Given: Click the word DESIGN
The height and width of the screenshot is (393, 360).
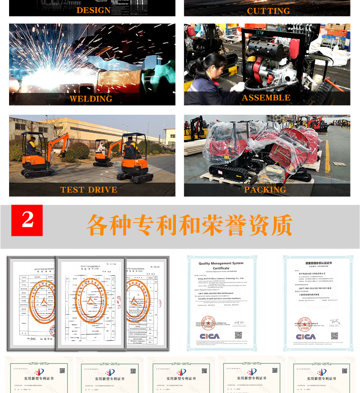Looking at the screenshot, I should (x=93, y=10).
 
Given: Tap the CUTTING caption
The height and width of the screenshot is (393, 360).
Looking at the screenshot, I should (x=268, y=10).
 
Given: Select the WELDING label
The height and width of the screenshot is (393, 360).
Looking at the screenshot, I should (x=91, y=98).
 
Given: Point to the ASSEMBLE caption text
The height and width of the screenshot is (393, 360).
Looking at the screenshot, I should (x=266, y=98).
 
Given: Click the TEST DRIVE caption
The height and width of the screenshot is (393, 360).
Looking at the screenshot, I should (x=89, y=189).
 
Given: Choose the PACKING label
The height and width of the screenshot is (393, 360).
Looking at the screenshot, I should (x=265, y=189).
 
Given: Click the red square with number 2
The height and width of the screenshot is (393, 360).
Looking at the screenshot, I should (x=27, y=220).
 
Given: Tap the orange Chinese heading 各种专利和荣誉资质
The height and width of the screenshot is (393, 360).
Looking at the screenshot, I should (x=189, y=224).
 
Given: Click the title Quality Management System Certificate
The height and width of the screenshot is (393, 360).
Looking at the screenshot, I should (x=221, y=265).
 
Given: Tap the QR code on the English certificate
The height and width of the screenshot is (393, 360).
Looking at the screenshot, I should (x=238, y=335).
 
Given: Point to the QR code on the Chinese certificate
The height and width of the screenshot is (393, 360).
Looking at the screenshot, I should (x=334, y=336).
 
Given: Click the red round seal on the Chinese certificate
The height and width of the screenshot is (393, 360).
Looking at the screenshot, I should (x=304, y=324).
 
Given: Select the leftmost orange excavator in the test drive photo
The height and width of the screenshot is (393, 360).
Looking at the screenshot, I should (x=41, y=154).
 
